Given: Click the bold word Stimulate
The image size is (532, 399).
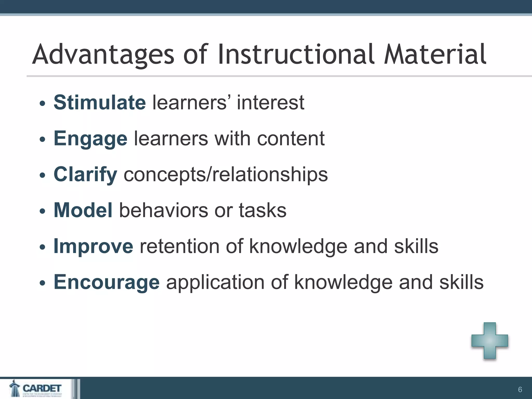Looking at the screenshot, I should click(100, 102).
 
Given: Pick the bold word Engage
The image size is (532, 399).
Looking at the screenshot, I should click(90, 139).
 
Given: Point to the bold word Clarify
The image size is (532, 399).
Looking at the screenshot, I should click(85, 174).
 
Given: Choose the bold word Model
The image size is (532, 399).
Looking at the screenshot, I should click(83, 210).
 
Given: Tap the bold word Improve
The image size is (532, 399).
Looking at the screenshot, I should click(93, 246).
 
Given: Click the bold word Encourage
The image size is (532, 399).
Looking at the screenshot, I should click(107, 282).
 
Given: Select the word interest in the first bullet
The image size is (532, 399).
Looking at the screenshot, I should click(270, 103).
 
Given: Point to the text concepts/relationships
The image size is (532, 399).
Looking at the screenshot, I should click(225, 174).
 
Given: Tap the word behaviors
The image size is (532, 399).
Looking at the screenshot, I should click(163, 210).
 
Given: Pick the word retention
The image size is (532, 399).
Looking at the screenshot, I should click(179, 246).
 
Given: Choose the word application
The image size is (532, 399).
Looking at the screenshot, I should click(215, 282).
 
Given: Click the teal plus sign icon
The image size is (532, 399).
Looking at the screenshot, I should click(490, 341).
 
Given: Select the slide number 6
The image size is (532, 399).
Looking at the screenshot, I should click(520, 390).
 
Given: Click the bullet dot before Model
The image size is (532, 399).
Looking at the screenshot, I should click(42, 211).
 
